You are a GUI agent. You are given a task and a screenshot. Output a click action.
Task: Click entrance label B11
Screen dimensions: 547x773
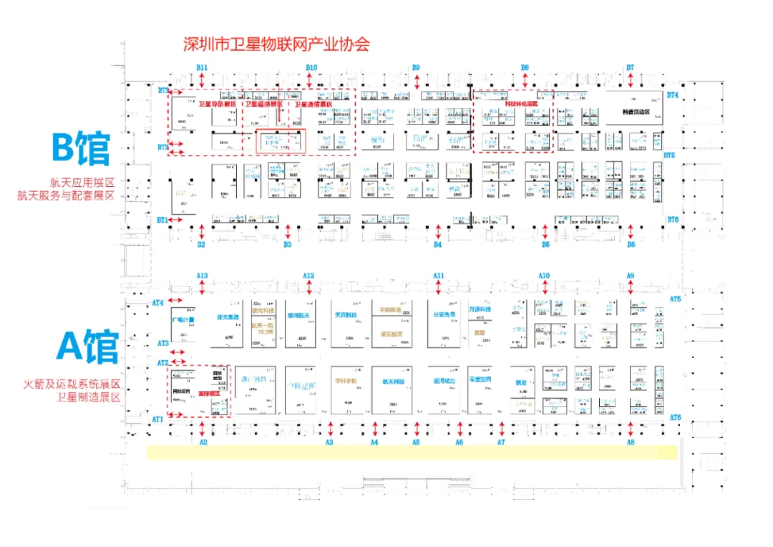203,67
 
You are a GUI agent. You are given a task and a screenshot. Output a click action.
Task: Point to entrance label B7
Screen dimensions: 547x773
631,67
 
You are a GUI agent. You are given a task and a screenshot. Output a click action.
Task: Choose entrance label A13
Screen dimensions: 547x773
202,276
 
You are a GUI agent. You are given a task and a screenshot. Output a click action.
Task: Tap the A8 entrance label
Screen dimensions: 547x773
631,442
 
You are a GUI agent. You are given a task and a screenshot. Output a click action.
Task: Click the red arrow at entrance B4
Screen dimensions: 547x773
437,231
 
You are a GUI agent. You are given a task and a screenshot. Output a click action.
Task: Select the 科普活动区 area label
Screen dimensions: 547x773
635,112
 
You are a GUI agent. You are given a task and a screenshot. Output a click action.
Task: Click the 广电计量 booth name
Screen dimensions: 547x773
183,319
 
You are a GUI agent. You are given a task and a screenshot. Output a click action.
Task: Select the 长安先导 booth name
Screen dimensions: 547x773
444,314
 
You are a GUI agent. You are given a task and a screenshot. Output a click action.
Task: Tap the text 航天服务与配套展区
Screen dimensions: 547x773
66,195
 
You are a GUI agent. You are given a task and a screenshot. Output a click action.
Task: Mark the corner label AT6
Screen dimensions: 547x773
675,417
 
